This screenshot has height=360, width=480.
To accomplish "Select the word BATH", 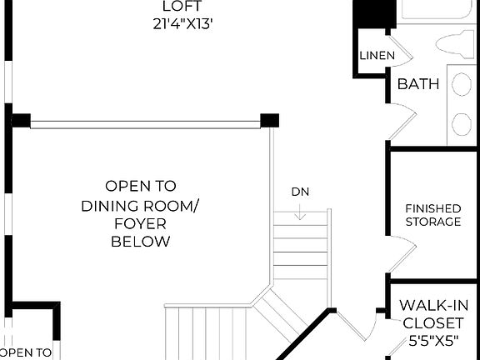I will (x=418, y=84).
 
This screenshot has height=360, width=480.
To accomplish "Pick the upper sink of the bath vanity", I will (x=462, y=83).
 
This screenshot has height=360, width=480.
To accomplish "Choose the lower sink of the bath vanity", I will (x=462, y=124).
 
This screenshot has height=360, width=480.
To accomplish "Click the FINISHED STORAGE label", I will (x=432, y=215).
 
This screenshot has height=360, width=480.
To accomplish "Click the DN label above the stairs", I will (x=301, y=192).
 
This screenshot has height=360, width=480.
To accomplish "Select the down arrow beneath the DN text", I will (x=301, y=212).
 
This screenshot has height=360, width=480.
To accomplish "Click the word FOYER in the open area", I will (x=140, y=223).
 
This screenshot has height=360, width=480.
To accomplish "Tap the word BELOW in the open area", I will (x=140, y=242).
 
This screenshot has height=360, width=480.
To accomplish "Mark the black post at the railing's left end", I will (x=20, y=120).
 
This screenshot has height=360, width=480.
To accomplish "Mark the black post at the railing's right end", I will (x=269, y=120).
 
